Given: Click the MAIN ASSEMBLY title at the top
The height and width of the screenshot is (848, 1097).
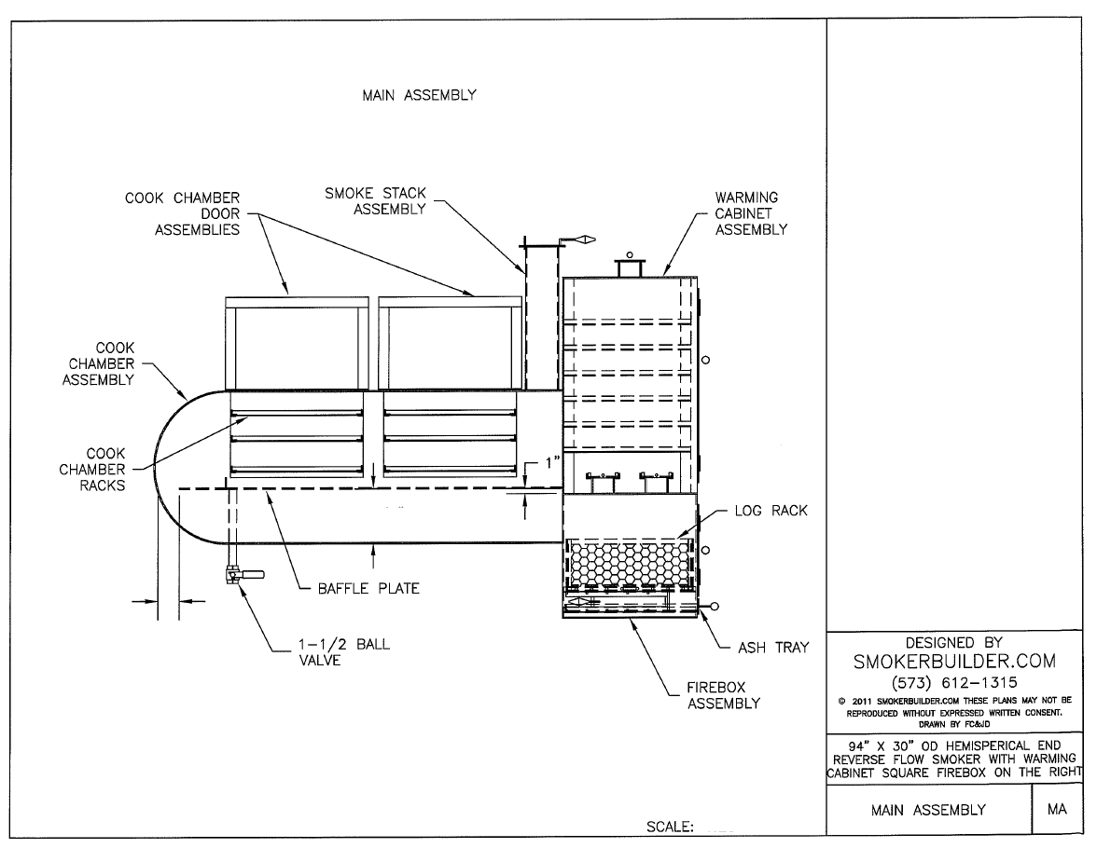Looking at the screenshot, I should tap(419, 95).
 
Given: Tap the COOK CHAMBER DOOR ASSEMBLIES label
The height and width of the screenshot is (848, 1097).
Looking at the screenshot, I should tap(197, 214).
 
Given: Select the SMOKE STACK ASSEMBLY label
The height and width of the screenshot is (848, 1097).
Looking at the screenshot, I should tap(375, 201).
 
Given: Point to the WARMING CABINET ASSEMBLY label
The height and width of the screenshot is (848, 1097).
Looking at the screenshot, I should tap(751, 214).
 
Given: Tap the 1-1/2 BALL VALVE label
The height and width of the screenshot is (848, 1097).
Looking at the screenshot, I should tap(332, 652).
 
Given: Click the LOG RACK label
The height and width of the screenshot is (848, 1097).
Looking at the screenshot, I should tap(771, 511).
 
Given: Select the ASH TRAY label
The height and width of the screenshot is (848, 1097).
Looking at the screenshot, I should tap(773, 647).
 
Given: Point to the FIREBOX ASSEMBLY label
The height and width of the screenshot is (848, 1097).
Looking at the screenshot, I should tap(724, 695).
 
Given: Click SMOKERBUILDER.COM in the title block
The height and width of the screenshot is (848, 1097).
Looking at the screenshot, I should tap(954, 661).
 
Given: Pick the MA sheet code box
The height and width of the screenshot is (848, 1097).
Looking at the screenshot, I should tap(1057, 810).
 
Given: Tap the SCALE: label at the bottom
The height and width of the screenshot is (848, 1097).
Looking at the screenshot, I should tap(669, 827).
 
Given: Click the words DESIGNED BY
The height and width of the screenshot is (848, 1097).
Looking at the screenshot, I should tap(953, 642).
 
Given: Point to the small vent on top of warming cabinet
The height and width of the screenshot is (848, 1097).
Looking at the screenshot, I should tap(630, 267).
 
